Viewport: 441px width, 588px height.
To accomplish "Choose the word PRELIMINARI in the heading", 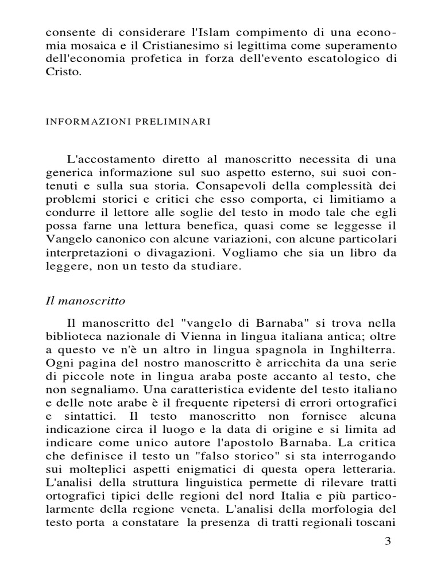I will pyautogui.click(x=169, y=122).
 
